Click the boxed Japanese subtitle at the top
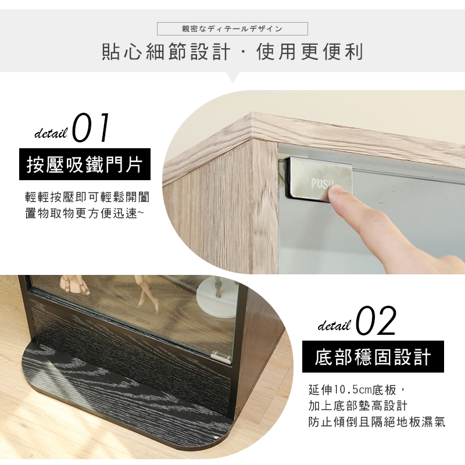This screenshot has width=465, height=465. [x=232, y=28]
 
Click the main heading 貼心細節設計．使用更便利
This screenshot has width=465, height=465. [x=233, y=52]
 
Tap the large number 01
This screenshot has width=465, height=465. [x=91, y=128]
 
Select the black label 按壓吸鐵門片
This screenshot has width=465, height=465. [x=85, y=164]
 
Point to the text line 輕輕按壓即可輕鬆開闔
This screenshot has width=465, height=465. [x=87, y=197]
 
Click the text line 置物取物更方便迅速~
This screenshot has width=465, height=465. [x=84, y=213]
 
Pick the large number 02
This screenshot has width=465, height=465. [x=375, y=321]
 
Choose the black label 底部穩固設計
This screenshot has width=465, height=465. [x=373, y=356]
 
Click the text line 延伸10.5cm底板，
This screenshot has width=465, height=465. [x=356, y=389]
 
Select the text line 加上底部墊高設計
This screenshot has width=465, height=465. [x=358, y=406]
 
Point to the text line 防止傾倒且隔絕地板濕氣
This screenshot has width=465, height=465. [x=377, y=422]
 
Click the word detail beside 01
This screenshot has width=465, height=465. [x=51, y=134]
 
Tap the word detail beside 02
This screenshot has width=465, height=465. [x=334, y=325]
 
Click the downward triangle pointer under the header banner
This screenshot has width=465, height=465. [x=233, y=77]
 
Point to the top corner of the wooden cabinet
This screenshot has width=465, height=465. [x=252, y=113]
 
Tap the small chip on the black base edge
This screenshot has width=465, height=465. [x=216, y=437]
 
